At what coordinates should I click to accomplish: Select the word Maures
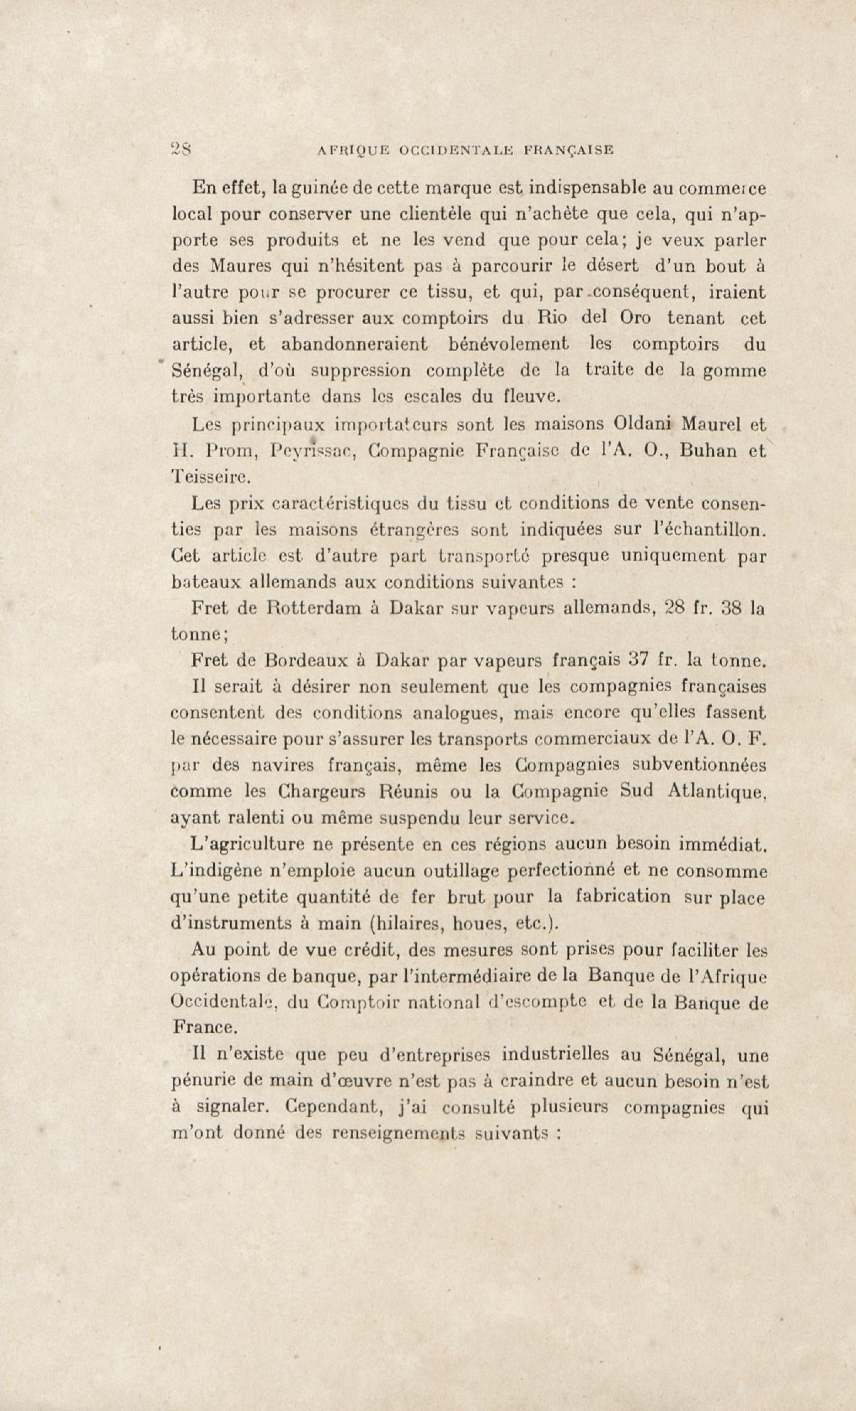click(239, 266)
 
